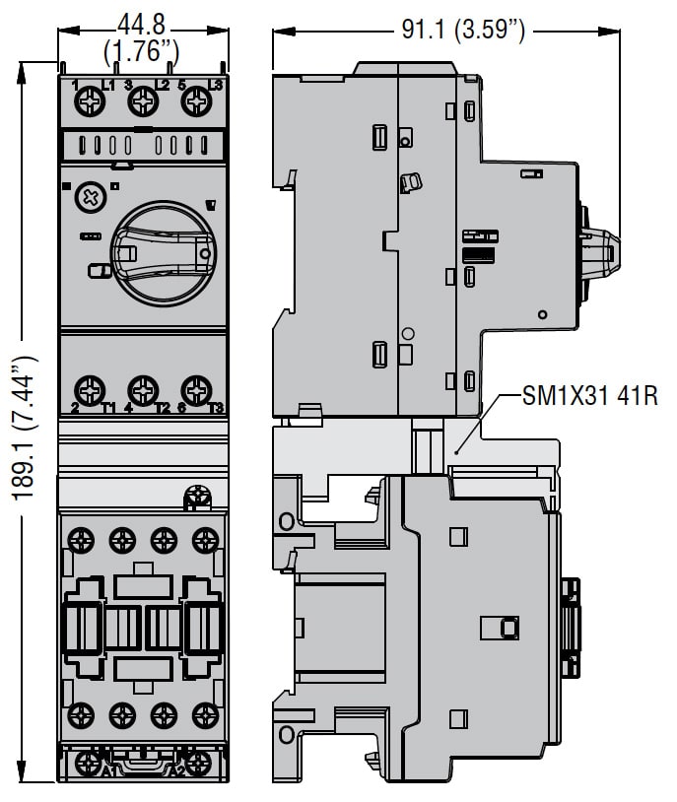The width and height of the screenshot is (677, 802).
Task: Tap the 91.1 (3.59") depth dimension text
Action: [x=461, y=31]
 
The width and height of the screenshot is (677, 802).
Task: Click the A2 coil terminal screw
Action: [x=199, y=763]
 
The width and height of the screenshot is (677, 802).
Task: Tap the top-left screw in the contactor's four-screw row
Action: [x=81, y=539]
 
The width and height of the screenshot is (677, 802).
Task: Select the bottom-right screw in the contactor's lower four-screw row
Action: [x=205, y=713]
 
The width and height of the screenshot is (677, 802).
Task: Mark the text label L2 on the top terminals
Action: [x=163, y=86]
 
